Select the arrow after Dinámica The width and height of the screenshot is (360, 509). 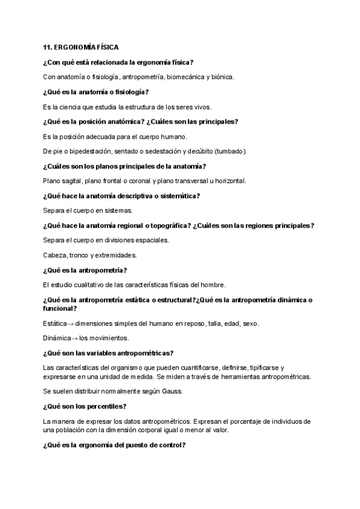(74, 338)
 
